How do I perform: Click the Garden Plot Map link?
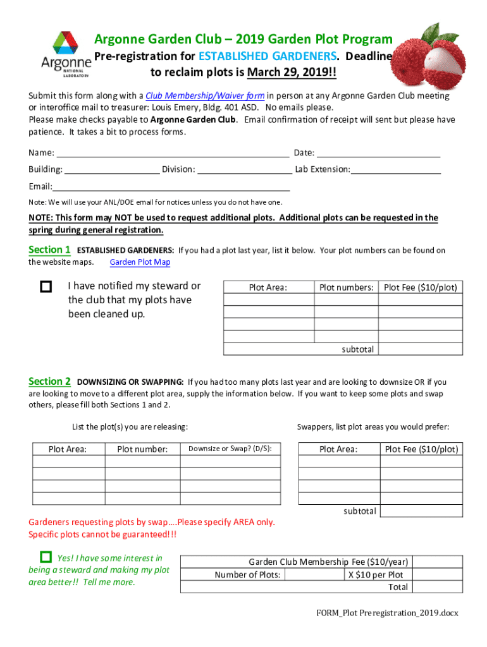point(140,262)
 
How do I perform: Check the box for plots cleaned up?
point(46,287)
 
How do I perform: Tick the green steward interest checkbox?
point(46,557)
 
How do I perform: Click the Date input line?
point(378,152)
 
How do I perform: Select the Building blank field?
point(112,169)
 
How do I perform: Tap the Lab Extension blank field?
point(397,169)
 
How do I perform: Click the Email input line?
point(171,186)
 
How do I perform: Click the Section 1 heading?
point(49,250)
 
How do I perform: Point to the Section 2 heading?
point(49,381)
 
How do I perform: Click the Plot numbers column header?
point(346,287)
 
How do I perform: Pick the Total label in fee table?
point(398,587)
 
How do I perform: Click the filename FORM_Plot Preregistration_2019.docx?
point(387,613)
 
